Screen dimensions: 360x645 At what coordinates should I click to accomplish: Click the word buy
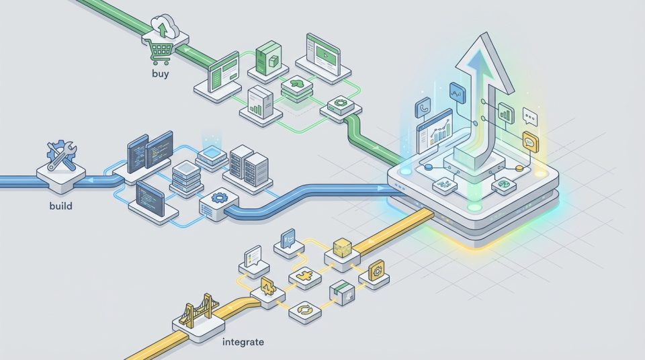(x=161, y=74)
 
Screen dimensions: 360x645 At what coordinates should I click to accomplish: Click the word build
(x=61, y=206)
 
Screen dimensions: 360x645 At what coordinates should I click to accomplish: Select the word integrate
(x=242, y=342)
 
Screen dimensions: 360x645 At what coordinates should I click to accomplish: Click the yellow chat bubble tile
(x=530, y=141)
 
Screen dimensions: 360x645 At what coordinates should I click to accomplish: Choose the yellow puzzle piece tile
(x=300, y=277)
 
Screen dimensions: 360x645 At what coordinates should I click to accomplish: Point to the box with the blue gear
(x=216, y=199)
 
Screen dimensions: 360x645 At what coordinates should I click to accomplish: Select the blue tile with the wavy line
(x=457, y=92)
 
